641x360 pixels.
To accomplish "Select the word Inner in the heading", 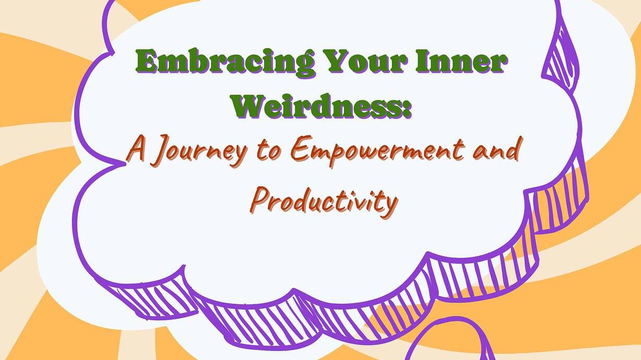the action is click(461, 61).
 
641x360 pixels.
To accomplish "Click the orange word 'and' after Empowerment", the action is click(496, 150).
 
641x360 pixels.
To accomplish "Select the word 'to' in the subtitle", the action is click(267, 152).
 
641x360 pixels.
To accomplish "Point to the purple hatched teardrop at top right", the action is click(561, 56).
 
